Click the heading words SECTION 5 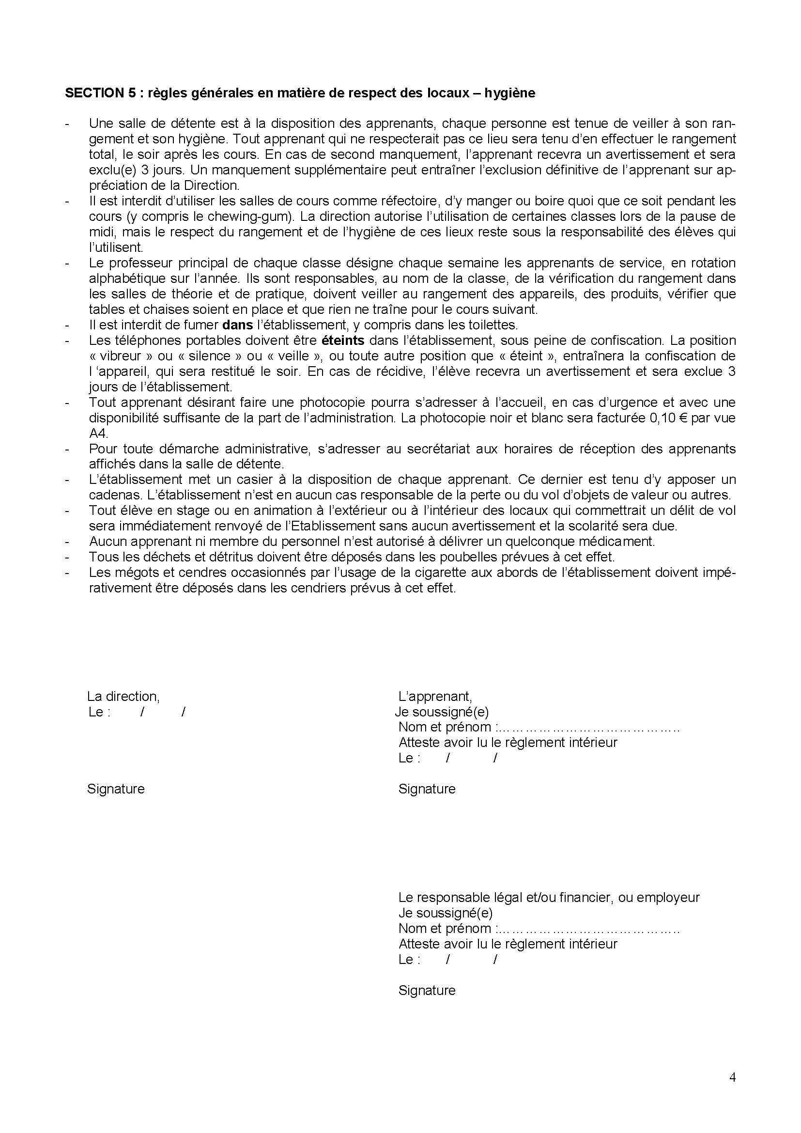(100, 93)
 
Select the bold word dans (237, 325)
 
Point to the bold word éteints (342, 341)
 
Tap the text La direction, (123, 696)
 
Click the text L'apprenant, (435, 696)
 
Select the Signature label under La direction (116, 789)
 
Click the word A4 (98, 433)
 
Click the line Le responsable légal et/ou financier (549, 897)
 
